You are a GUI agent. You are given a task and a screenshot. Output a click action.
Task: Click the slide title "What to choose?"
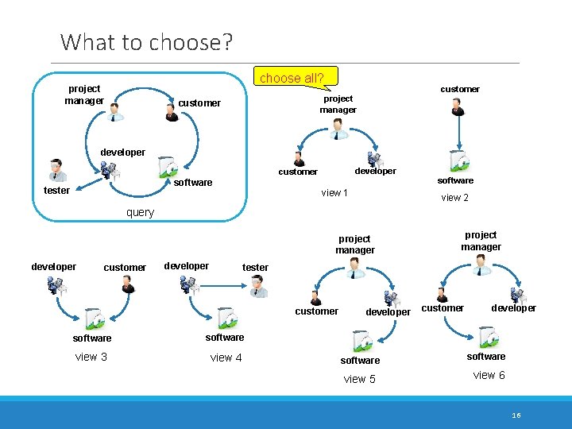tap(147, 41)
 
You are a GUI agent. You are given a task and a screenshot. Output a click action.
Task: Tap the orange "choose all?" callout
tap(292, 78)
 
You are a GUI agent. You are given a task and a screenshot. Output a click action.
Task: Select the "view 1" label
tap(335, 193)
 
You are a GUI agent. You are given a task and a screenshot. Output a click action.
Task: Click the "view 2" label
tap(454, 198)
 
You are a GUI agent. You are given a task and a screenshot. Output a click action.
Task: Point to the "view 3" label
tap(91, 357)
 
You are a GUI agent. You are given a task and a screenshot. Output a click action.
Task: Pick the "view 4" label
tap(226, 357)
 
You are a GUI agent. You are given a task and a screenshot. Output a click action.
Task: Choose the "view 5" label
tap(359, 379)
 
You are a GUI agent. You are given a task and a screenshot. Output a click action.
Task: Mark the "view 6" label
tap(489, 375)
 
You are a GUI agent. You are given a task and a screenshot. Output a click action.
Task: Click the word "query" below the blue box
tap(141, 212)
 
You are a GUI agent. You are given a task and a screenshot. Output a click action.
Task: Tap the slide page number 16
tap(516, 415)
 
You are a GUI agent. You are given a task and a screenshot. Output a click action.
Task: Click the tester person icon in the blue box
tap(56, 170)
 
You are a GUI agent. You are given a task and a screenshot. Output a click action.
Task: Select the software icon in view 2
tap(456, 161)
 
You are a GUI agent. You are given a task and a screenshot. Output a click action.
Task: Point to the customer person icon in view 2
tap(458, 106)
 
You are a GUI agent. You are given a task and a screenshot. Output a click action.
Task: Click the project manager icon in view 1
tap(339, 129)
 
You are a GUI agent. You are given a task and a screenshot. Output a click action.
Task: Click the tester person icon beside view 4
tap(257, 287)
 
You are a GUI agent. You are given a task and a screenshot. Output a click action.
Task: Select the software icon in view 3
tap(94, 318)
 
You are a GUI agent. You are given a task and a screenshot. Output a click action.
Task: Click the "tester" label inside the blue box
tap(56, 191)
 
